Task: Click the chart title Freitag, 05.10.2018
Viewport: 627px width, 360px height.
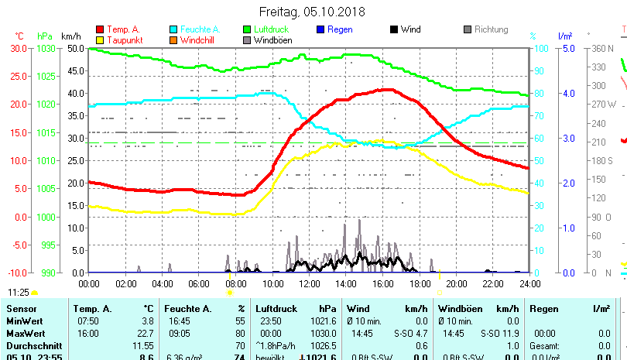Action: pyautogui.click(x=313, y=12)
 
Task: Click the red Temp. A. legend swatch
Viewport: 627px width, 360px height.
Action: pyautogui.click(x=100, y=30)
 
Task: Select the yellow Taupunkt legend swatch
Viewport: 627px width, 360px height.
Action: pyautogui.click(x=100, y=40)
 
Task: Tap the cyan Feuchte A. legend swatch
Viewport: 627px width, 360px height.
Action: pyautogui.click(x=174, y=30)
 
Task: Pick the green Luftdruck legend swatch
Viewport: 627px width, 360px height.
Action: pyautogui.click(x=248, y=30)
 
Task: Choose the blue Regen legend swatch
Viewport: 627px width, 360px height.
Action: pyautogui.click(x=321, y=30)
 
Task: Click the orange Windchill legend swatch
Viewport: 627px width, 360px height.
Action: pyautogui.click(x=174, y=40)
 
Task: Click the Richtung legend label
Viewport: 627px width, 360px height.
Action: pyautogui.click(x=491, y=30)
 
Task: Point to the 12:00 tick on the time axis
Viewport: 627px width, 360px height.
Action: pyautogui.click(x=309, y=283)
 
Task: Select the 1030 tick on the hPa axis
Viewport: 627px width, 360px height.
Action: pyautogui.click(x=45, y=48)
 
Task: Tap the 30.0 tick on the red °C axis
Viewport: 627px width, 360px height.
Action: pyautogui.click(x=18, y=48)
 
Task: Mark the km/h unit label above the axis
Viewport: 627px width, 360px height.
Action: pyautogui.click(x=70, y=36)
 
